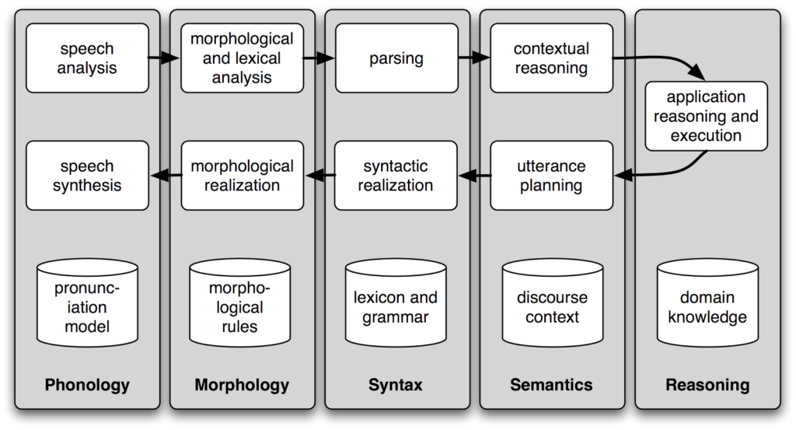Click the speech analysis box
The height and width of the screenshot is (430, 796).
click(87, 58)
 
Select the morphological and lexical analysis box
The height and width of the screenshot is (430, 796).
click(243, 58)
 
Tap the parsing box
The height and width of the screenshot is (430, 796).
click(396, 58)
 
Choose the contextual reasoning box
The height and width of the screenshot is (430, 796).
click(551, 58)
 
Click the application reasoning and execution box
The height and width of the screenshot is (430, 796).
click(706, 117)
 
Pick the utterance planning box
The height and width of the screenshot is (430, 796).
click(551, 176)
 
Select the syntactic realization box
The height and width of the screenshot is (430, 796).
click(396, 176)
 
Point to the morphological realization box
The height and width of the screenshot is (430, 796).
click(243, 176)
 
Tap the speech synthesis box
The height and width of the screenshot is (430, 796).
click(87, 176)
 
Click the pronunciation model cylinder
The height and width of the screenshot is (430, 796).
click(87, 303)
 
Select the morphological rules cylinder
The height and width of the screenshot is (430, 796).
click(239, 303)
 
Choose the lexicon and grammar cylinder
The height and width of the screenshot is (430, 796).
click(396, 303)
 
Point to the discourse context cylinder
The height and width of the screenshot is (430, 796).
click(553, 303)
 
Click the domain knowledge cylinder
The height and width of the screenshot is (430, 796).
click(707, 303)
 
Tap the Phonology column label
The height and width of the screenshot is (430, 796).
click(87, 385)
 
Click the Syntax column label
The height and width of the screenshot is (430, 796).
click(396, 385)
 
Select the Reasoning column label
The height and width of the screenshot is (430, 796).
click(707, 385)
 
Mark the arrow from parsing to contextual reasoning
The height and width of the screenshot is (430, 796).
click(473, 58)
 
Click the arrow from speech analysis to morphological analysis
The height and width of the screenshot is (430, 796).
click(164, 58)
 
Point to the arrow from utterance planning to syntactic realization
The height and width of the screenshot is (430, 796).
click(474, 176)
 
